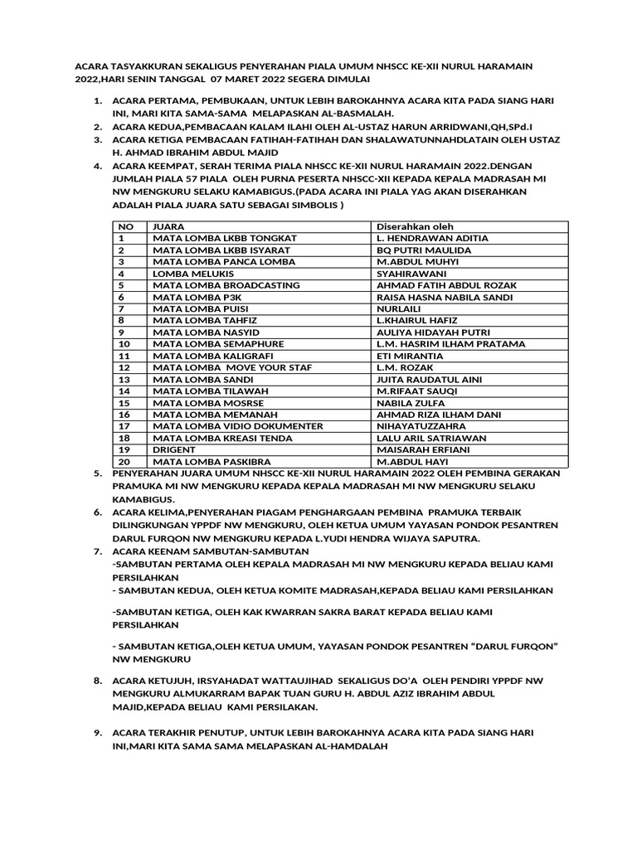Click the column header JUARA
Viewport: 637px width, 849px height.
(x=168, y=226)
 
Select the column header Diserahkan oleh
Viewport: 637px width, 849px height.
(x=416, y=226)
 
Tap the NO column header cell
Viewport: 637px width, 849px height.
(x=126, y=226)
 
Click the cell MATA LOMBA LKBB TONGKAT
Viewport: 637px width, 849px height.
(x=225, y=238)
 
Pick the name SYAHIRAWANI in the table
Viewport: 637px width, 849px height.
(x=412, y=273)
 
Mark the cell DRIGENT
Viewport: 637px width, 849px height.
(x=174, y=449)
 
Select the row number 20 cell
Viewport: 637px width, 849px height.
(x=125, y=461)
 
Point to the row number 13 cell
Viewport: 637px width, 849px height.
(x=125, y=379)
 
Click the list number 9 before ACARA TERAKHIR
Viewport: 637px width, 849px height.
(x=97, y=734)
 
